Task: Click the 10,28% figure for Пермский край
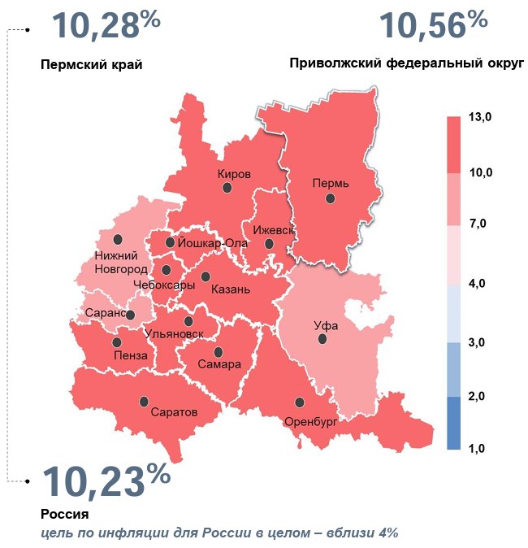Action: point(106,26)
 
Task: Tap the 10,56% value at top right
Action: point(433,26)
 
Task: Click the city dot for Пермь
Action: point(330,198)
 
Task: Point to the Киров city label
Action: point(234,174)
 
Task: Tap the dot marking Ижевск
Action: point(269,243)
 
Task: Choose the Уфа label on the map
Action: point(325,325)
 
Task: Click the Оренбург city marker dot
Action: point(300,402)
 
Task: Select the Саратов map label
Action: point(174,412)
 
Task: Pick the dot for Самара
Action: point(219,352)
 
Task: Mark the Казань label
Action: point(230,289)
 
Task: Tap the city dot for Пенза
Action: point(117,342)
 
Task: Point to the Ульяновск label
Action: point(172,333)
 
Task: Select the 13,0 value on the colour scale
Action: point(481,118)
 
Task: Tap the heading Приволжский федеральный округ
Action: point(406,64)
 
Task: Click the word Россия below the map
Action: point(63,515)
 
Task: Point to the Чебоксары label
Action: point(163,285)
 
